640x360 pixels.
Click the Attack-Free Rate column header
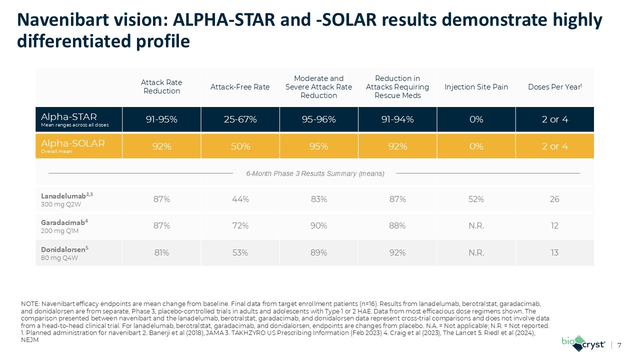[240, 87]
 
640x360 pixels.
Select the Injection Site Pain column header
[476, 87]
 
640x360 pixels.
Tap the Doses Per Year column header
[554, 87]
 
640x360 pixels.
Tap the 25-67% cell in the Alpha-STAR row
[240, 120]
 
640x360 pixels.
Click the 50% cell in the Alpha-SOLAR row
[240, 146]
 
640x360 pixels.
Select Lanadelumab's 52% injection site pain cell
[476, 199]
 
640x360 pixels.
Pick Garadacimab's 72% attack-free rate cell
[240, 226]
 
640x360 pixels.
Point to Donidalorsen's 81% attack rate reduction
[161, 252]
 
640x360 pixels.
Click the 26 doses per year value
[554, 199]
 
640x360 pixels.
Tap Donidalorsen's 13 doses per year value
[554, 252]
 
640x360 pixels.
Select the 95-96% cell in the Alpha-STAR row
[318, 120]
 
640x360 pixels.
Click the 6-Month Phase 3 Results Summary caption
[315, 173]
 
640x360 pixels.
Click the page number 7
[620, 345]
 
